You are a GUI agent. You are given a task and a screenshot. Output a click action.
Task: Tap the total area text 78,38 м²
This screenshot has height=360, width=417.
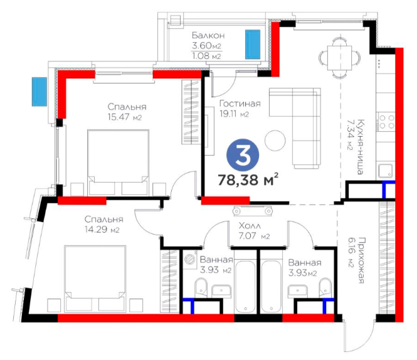[x=248, y=179]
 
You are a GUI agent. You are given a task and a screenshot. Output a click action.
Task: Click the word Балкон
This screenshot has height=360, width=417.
[x=208, y=35]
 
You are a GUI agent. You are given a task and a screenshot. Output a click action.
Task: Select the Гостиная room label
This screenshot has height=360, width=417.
[x=240, y=103]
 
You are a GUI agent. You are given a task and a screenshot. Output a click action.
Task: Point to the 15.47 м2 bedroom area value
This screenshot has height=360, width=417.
[x=125, y=117]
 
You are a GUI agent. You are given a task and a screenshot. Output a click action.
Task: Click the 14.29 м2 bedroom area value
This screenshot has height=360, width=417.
[x=102, y=230]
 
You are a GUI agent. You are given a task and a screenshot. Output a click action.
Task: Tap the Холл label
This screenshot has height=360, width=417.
[x=250, y=226]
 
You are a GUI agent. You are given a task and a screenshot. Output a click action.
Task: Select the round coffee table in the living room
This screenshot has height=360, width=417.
[x=275, y=140]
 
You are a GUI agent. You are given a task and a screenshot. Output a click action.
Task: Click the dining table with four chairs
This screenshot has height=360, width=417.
[x=340, y=58]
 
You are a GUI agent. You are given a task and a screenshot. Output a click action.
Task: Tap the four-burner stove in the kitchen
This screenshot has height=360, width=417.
[x=386, y=122]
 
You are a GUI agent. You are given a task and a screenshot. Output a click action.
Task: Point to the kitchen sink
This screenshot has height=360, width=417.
[x=386, y=171]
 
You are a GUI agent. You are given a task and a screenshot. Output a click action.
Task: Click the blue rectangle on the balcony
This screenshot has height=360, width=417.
[x=253, y=44]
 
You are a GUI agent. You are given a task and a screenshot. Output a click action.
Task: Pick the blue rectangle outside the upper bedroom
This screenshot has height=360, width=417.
[x=40, y=92]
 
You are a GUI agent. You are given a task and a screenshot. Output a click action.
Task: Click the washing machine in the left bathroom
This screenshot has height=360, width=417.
[x=190, y=258]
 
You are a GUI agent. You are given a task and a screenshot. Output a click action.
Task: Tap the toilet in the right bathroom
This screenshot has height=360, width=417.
[x=325, y=287]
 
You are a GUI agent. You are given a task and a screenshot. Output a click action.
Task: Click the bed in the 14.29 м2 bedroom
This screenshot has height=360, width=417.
[x=95, y=278]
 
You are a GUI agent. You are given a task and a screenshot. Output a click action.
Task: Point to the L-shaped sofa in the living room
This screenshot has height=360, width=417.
[x=295, y=128]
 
